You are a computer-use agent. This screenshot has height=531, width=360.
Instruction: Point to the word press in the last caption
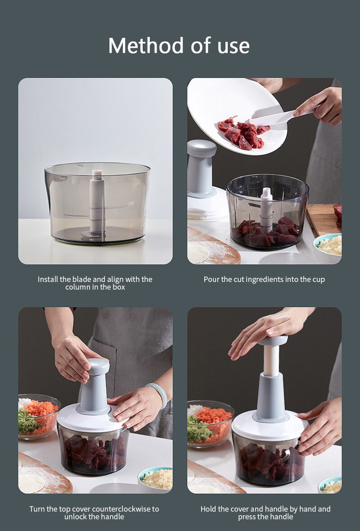point(247,517)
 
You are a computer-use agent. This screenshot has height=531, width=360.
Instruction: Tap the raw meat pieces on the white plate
point(243,133)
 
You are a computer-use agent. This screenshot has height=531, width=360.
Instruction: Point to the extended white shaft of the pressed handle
point(272,361)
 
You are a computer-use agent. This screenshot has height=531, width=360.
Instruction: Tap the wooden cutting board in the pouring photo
point(324,220)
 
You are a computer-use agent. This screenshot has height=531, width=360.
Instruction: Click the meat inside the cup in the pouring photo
point(268,231)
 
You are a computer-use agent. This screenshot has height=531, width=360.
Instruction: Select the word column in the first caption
point(77,287)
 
